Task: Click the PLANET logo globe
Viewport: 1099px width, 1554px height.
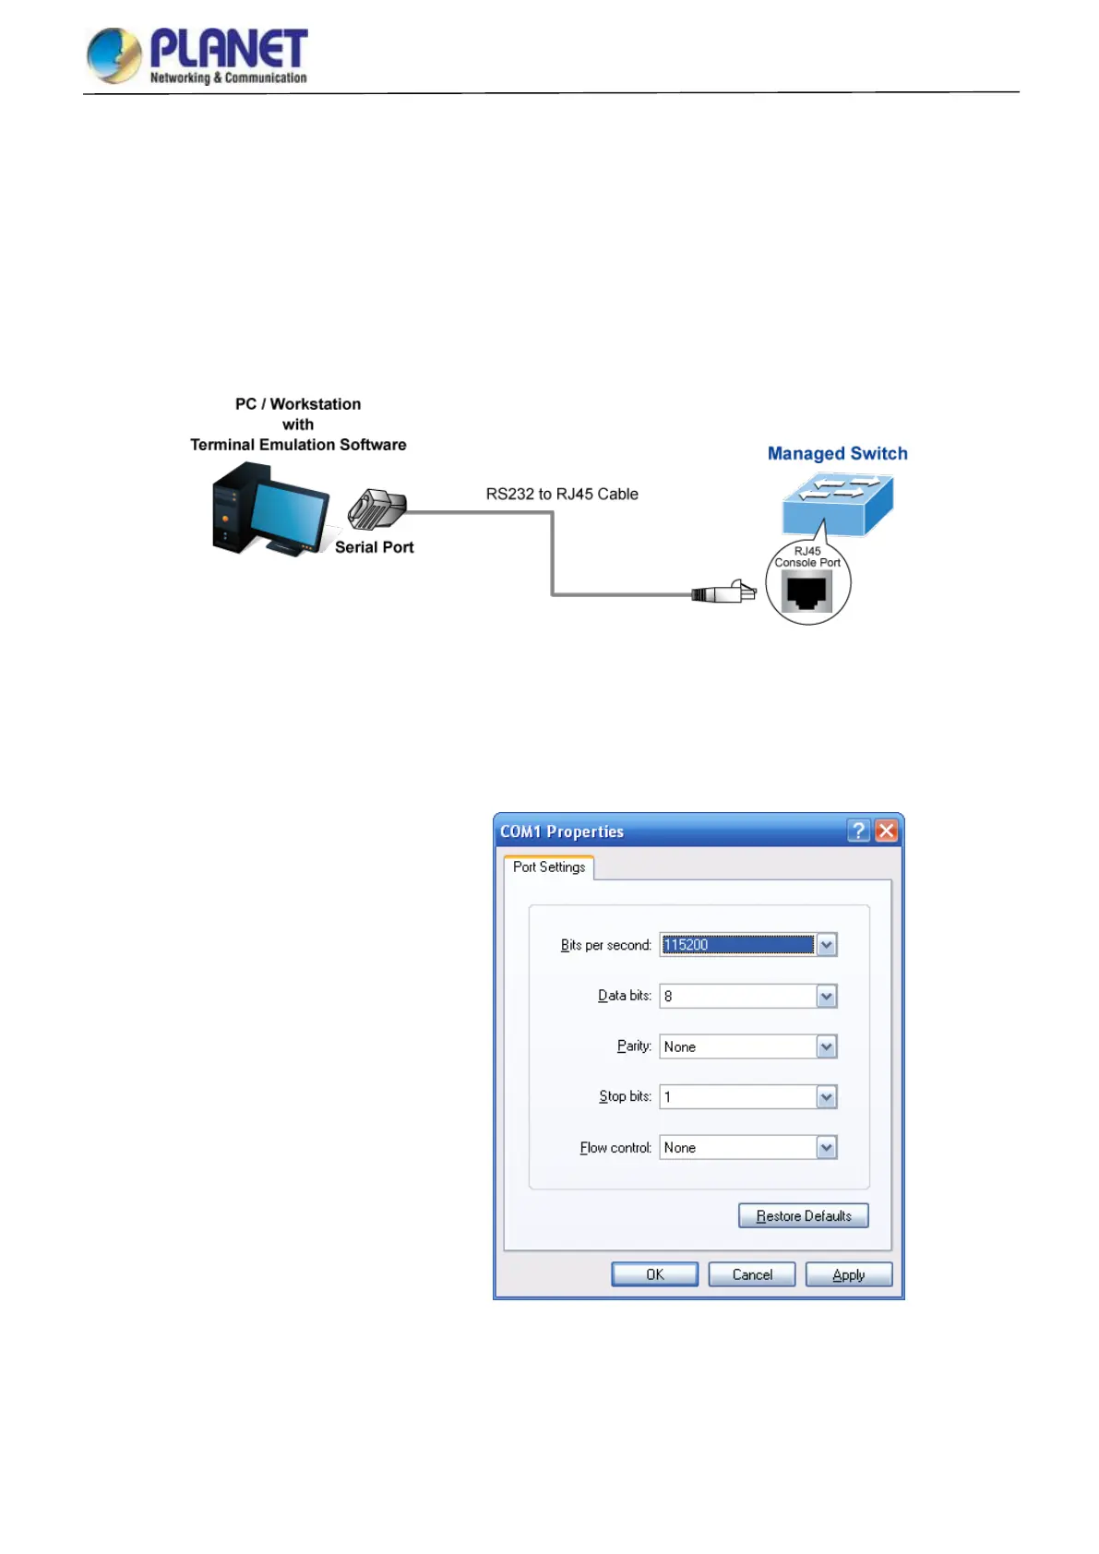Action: coord(113,55)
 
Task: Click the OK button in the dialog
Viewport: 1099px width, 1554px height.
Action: coord(654,1274)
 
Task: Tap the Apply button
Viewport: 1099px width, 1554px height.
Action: coord(848,1274)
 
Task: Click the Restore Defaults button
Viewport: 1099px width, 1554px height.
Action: coord(803,1216)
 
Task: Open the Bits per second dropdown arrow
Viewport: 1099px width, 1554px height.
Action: coord(827,945)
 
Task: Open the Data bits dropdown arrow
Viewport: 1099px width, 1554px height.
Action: coord(827,997)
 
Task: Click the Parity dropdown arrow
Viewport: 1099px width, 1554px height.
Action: coord(827,1046)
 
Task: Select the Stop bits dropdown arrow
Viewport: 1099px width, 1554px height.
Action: coord(827,1097)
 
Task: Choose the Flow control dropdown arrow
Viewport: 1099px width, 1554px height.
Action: coord(827,1148)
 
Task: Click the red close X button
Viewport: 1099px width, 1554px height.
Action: coord(886,831)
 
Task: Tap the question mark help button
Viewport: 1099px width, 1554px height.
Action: coord(859,831)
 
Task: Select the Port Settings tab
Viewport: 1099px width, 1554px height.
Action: coord(549,867)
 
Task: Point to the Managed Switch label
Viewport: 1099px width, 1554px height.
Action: coord(837,453)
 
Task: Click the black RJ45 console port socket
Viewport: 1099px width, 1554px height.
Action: coord(807,592)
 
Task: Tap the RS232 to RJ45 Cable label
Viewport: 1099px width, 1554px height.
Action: coord(562,494)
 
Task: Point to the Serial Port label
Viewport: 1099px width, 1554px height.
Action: coord(374,547)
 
